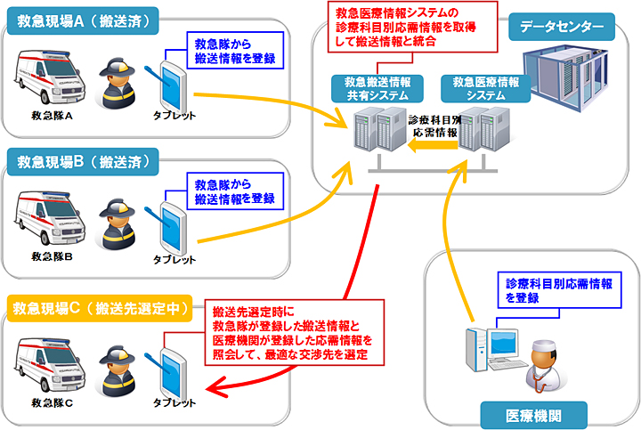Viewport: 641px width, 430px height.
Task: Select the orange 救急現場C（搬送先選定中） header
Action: (101, 308)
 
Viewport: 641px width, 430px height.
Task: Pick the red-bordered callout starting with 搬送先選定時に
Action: (292, 332)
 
